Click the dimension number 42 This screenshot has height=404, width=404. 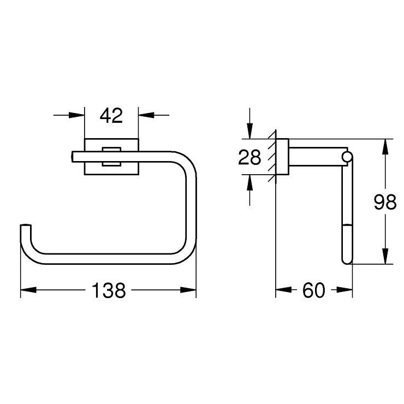[111, 116]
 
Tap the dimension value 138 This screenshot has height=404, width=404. [109, 290]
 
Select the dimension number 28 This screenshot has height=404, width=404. [249, 157]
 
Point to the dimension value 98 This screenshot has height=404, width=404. [385, 202]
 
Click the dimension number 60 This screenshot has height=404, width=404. [314, 290]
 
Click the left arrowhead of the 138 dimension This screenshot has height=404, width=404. [28, 290]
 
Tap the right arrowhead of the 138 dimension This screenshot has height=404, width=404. [188, 290]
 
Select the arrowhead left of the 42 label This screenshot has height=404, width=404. [77, 115]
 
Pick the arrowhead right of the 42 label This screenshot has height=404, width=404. [146, 115]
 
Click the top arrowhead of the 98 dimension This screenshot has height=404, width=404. [385, 147]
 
